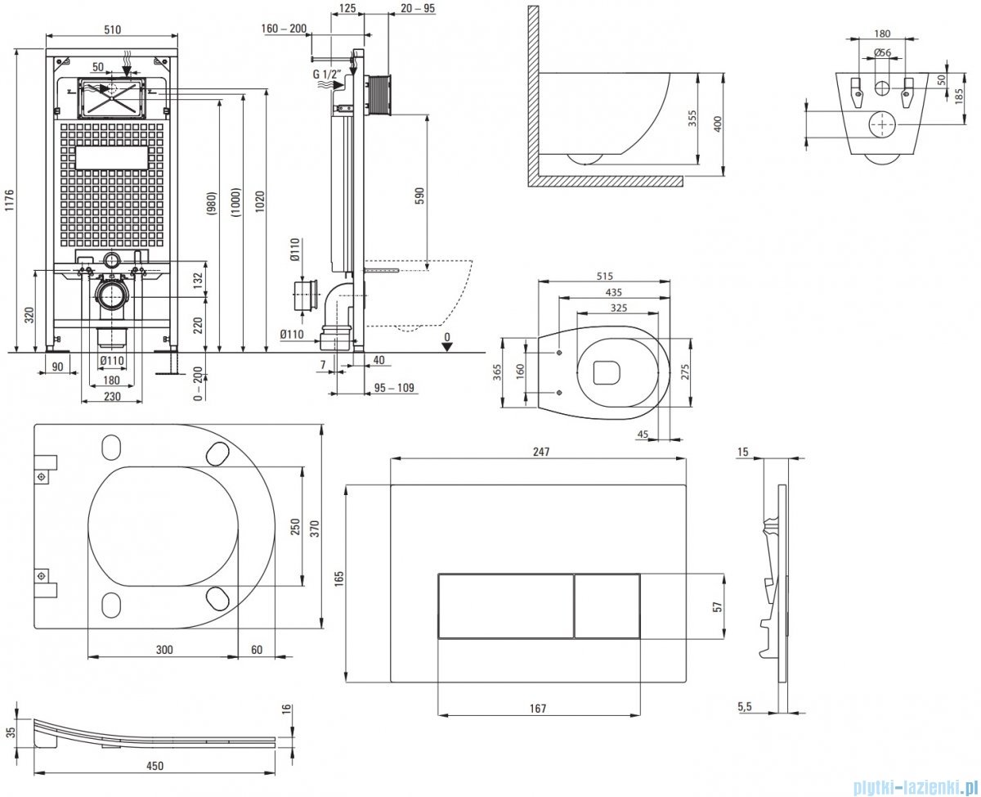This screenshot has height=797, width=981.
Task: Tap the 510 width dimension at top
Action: pos(113,30)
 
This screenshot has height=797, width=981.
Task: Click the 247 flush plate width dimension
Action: pos(539,451)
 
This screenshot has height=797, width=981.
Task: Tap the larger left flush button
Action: pos(506,606)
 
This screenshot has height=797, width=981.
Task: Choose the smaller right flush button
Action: pos(607,606)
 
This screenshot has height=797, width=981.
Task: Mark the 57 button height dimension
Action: pos(717,606)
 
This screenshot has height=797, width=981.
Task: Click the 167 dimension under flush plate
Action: pos(537,709)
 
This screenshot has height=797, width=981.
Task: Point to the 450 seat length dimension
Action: pos(155,766)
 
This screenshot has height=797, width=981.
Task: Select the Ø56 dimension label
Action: pos(882,52)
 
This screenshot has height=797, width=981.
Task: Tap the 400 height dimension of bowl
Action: pos(718,124)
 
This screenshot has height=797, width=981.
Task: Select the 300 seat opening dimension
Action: pos(163,650)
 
